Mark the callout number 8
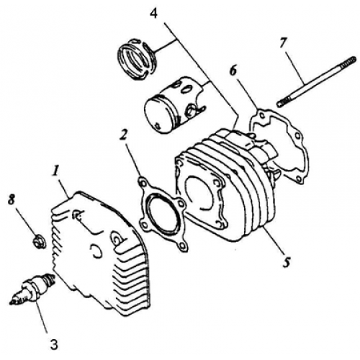tap(12, 199)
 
